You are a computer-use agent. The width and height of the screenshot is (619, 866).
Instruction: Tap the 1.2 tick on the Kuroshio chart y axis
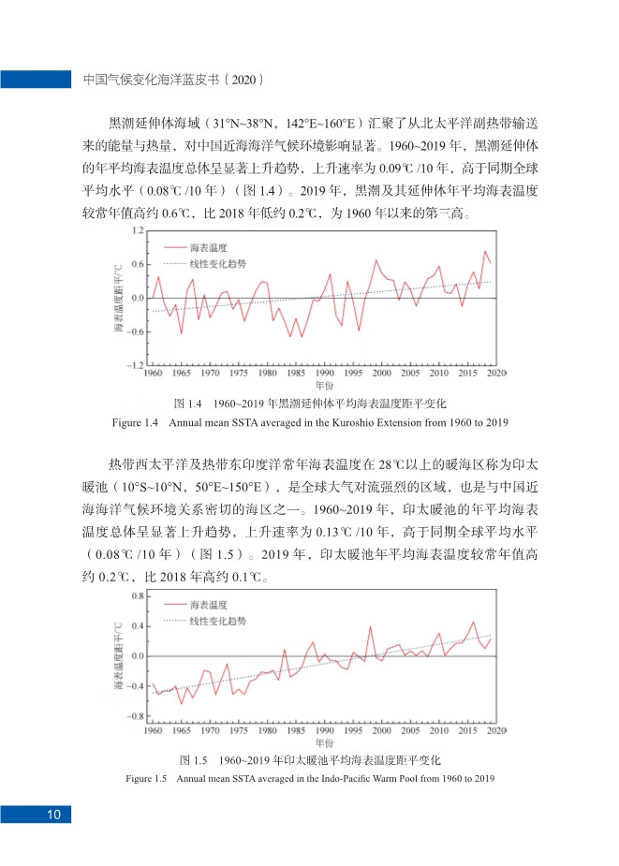coord(137,230)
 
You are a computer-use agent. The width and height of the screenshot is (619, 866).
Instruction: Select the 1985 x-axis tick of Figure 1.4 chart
coord(296,374)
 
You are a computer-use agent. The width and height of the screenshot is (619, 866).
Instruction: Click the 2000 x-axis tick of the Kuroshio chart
coord(381,374)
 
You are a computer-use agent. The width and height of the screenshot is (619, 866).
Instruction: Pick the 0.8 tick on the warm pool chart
coord(137,595)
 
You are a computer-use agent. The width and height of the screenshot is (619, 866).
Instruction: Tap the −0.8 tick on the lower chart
coord(135,716)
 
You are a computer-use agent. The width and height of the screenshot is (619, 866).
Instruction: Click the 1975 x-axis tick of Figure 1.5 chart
coord(239,730)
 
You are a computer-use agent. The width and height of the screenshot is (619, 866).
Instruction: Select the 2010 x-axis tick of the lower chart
coord(438,730)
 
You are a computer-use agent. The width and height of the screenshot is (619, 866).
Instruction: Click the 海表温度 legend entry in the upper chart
coord(209,247)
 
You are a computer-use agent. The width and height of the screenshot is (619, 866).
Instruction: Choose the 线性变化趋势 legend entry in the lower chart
coord(218,621)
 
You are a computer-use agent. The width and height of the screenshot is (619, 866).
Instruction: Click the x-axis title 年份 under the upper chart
coord(324,385)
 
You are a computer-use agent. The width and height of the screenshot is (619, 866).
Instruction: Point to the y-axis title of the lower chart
coord(119,656)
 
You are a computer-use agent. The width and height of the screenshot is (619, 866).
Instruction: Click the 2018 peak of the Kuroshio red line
coord(484,251)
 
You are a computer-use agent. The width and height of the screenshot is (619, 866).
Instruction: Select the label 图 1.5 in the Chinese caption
coord(192,759)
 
